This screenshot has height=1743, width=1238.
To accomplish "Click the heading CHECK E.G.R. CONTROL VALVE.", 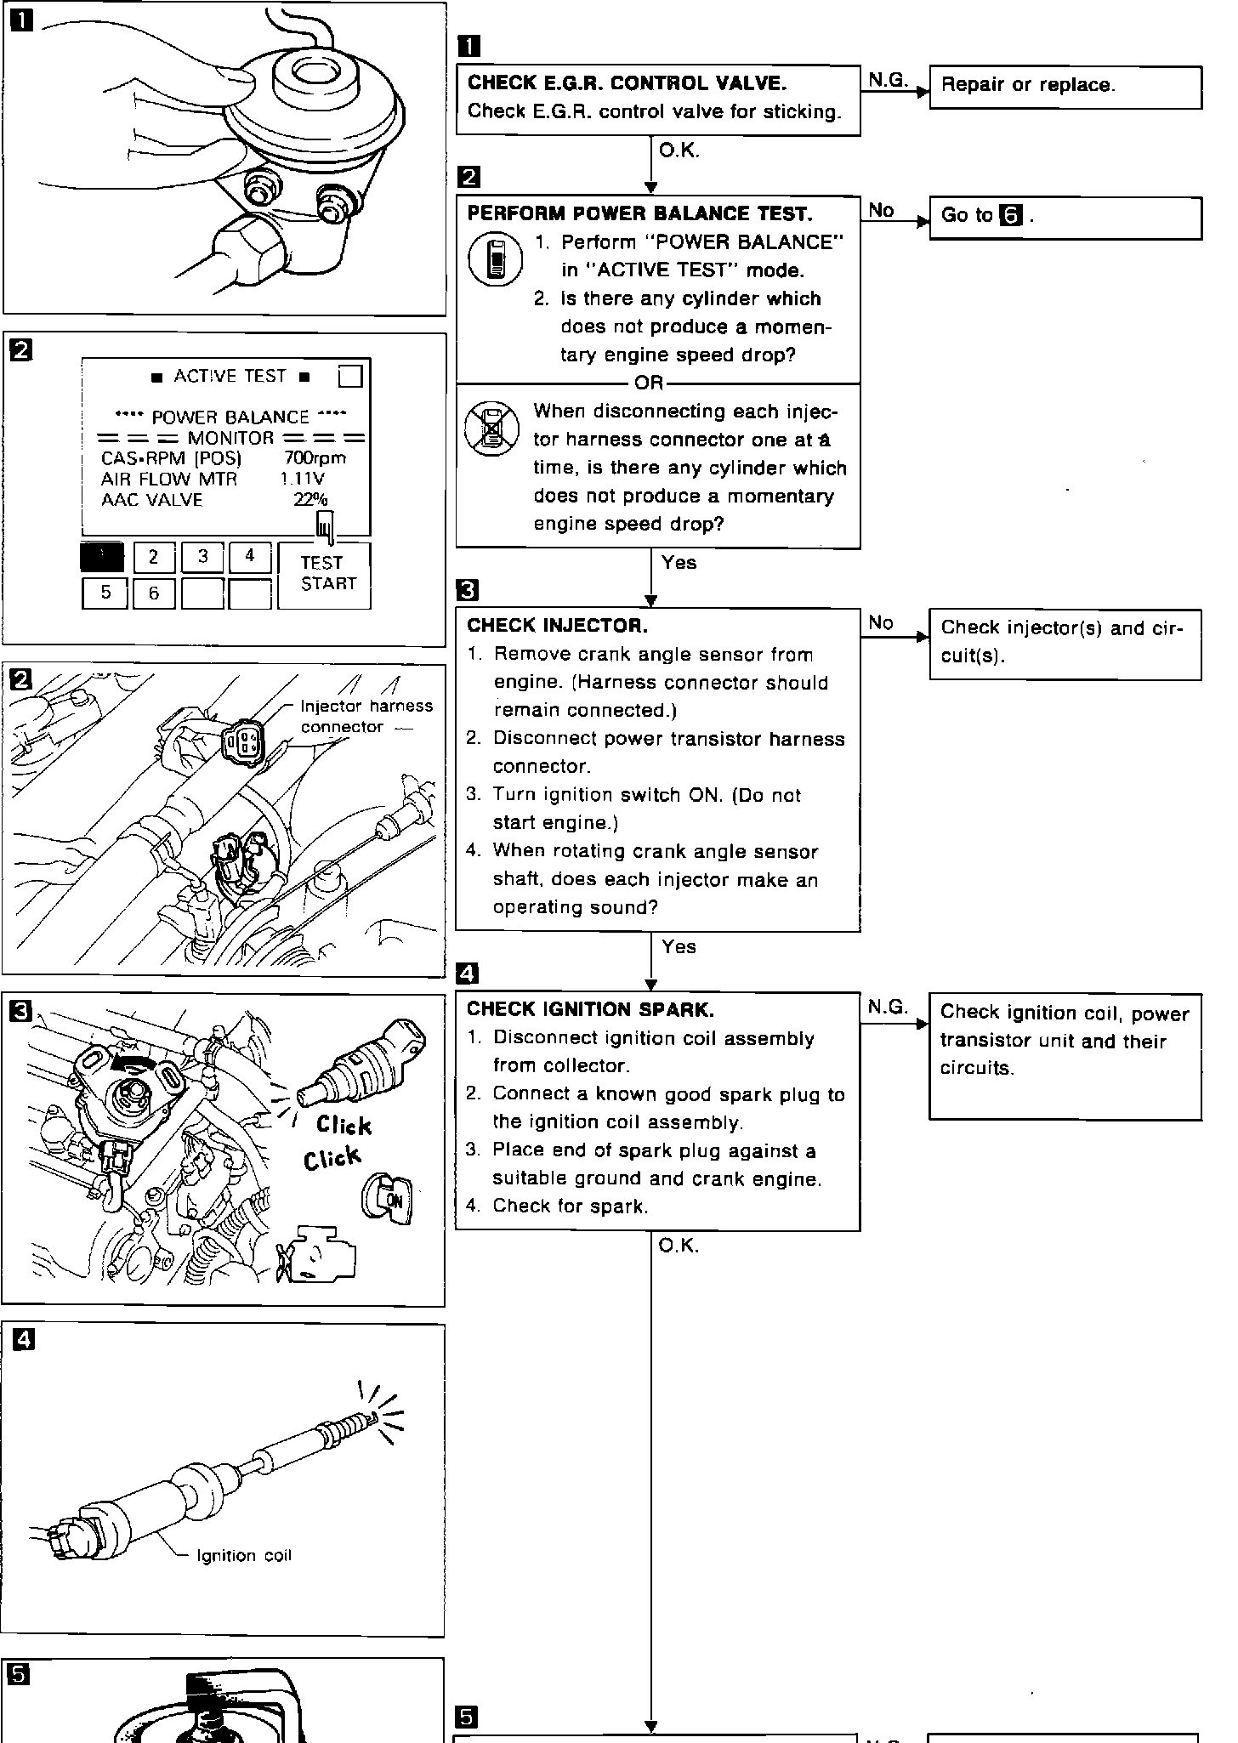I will [627, 82].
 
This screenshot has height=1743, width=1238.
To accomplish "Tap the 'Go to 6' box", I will [1065, 217].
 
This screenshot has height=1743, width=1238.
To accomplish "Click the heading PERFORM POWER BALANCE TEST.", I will [639, 213].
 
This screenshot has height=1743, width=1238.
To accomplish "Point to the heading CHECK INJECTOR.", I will [557, 626].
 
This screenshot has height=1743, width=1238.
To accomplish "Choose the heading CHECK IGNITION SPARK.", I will [590, 1009].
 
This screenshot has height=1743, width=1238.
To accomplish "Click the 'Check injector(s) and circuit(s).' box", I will [1065, 643].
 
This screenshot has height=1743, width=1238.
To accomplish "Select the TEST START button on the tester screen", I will [324, 574].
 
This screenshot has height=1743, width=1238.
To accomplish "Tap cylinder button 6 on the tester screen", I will [154, 593].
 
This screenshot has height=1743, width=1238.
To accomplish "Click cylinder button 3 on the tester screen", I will [203, 557].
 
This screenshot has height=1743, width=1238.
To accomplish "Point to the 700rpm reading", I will [315, 458].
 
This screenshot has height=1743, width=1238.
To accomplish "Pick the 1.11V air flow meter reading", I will [303, 479].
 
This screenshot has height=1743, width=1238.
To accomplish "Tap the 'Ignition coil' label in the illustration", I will [243, 1555].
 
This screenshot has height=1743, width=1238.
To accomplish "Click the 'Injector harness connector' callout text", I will [366, 716].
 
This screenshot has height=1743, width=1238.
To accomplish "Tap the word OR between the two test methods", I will [649, 383].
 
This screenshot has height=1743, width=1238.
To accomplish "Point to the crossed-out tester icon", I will [492, 429].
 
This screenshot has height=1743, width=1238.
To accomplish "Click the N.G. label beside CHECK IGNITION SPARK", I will [888, 1008].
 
